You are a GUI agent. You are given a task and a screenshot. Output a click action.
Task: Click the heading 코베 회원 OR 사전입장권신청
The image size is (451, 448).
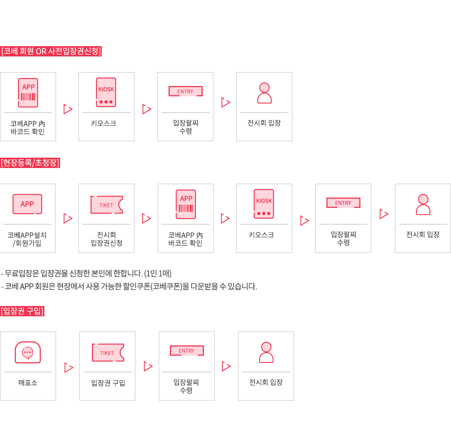click(51, 51)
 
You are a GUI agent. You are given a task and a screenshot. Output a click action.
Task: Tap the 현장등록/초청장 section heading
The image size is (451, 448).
click(30, 163)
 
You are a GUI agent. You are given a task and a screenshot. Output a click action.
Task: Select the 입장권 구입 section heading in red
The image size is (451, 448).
click(22, 311)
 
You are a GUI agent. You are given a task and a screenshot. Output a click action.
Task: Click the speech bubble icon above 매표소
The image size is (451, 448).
click(28, 353)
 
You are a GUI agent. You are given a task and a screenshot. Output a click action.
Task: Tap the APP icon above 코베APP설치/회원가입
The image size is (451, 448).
click(27, 204)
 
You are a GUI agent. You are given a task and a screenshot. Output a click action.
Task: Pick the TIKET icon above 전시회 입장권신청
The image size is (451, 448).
click(107, 205)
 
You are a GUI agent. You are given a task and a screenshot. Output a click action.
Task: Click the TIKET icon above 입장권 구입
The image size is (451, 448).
click(108, 353)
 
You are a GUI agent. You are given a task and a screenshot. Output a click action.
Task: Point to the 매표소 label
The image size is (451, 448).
click(28, 383)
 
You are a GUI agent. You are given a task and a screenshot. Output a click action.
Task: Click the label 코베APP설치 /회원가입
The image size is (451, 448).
click(27, 239)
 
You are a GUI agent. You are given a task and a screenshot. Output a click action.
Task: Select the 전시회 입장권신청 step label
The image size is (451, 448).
click(106, 239)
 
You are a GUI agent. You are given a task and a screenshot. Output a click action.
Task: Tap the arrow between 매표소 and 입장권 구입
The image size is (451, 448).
click(69, 368)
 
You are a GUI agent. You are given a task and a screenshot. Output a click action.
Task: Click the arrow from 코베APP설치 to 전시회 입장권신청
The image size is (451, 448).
click(68, 219)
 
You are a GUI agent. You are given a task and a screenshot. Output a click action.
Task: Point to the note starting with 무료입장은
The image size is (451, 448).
click(87, 273)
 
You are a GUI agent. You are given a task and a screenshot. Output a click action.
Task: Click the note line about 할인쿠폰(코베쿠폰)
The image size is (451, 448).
click(129, 286)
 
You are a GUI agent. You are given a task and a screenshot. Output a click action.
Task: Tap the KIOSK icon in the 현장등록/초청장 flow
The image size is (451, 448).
click(264, 204)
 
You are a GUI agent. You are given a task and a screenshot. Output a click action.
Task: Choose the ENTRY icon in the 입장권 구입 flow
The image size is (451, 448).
click(186, 351)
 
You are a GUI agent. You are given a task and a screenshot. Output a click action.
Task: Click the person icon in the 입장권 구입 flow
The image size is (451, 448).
click(266, 352)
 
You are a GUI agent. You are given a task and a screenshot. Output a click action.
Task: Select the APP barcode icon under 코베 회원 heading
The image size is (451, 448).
click(28, 93)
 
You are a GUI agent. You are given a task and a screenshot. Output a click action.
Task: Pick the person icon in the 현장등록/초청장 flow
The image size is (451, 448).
click(423, 205)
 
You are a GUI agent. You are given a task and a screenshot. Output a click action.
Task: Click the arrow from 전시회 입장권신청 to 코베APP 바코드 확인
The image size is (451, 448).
click(146, 219)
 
